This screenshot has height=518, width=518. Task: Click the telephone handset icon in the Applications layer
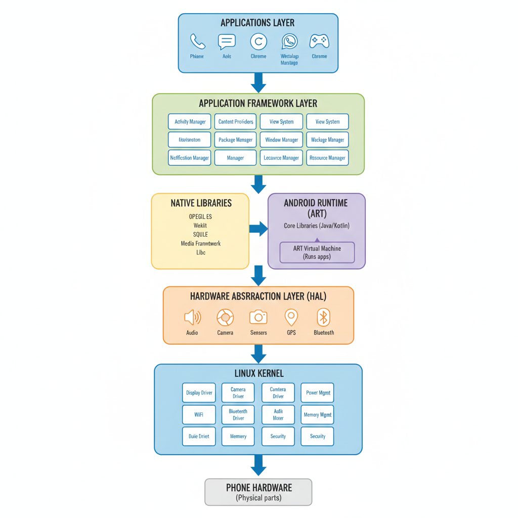(197, 41)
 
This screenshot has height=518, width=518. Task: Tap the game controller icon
(319, 41)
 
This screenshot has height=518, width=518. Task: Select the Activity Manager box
(190, 122)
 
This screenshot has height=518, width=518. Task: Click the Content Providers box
(235, 122)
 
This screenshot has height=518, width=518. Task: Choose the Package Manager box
(235, 140)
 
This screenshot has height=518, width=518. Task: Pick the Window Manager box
(281, 140)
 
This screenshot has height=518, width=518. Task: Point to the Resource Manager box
(327, 158)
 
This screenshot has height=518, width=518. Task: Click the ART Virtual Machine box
(317, 252)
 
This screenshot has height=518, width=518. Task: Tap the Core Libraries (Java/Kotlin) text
(317, 226)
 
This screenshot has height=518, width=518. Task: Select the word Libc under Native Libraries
(201, 252)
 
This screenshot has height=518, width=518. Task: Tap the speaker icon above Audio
(192, 318)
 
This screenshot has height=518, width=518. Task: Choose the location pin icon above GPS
(291, 318)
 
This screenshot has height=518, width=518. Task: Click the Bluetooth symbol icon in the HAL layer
(324, 318)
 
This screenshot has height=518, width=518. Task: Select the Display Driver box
(199, 393)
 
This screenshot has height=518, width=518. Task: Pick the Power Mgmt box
(318, 393)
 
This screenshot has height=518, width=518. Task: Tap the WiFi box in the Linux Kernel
(199, 415)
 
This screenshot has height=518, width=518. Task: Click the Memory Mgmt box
(318, 415)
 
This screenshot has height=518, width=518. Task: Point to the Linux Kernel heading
(259, 374)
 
